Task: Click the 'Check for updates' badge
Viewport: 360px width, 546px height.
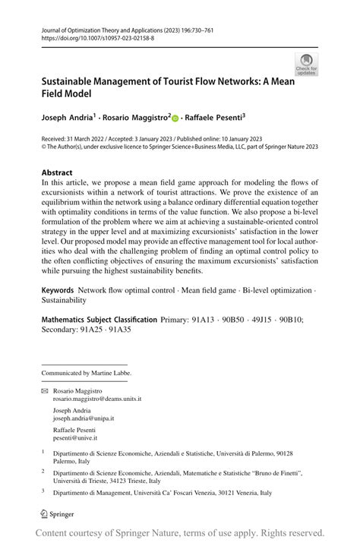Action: [307, 64]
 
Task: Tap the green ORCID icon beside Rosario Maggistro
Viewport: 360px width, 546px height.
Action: [175, 118]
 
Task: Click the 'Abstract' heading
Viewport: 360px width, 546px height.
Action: [57, 172]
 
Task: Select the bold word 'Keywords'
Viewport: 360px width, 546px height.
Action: [58, 290]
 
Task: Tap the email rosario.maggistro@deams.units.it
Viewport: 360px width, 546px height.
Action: [96, 398]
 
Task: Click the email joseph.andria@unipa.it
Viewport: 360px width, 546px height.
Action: [84, 418]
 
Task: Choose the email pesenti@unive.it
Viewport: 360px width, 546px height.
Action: [75, 437]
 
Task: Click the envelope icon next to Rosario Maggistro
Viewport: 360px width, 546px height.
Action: [44, 390]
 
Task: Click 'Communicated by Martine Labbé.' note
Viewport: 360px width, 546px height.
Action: [87, 373]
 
